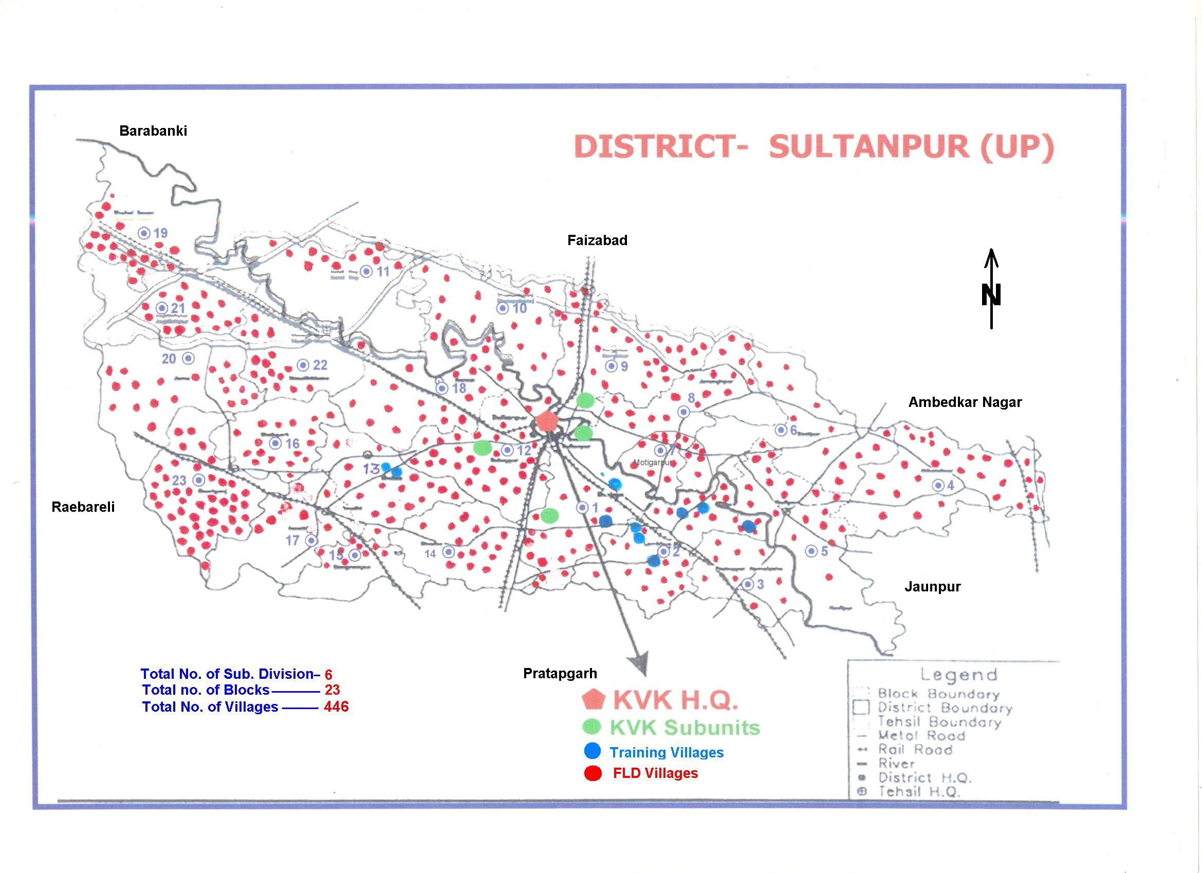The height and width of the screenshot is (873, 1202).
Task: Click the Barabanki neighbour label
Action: (153, 131)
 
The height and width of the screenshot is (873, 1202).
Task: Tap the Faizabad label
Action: (597, 240)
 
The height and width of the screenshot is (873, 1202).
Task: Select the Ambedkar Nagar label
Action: (965, 402)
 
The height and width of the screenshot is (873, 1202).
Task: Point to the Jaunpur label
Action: (932, 587)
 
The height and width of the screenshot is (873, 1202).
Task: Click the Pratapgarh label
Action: (560, 674)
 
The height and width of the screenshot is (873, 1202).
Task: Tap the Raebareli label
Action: (83, 507)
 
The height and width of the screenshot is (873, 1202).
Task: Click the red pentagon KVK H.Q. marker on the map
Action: (546, 421)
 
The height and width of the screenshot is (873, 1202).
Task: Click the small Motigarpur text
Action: (653, 463)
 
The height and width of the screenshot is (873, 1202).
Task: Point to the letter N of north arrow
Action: (991, 295)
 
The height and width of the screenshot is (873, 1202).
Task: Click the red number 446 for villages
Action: (336, 707)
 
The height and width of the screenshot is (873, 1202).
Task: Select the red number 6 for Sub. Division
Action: (328, 675)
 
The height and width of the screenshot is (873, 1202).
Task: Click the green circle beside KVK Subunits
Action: (591, 727)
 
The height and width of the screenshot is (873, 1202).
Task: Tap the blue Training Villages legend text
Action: (666, 753)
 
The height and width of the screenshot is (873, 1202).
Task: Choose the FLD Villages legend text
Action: (655, 773)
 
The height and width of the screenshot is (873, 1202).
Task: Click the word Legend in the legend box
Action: (958, 675)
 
